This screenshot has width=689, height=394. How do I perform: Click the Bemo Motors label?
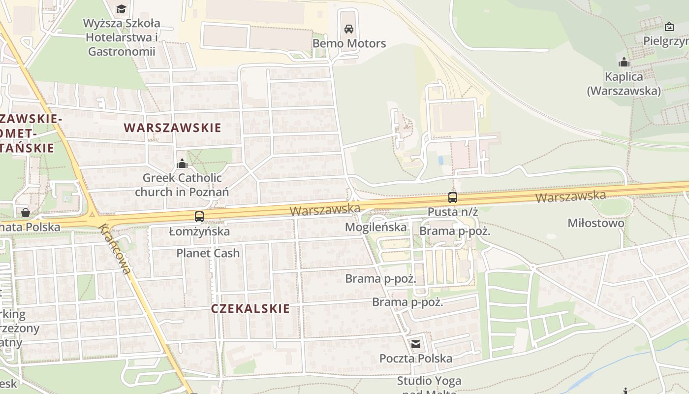[x=349, y=43]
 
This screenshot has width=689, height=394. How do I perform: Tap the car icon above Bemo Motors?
[x=349, y=29]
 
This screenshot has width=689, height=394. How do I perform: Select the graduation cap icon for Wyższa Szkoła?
[x=121, y=9]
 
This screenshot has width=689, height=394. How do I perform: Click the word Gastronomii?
[x=122, y=51]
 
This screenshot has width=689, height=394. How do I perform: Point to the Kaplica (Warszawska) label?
[x=624, y=84]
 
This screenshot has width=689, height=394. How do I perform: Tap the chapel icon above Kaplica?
[x=624, y=63]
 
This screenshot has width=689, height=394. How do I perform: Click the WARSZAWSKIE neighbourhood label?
[x=172, y=128]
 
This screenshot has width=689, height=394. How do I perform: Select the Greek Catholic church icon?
[x=182, y=163]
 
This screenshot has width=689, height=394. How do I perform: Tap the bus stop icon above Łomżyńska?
[x=199, y=216]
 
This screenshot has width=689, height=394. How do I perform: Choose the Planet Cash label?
[x=208, y=253]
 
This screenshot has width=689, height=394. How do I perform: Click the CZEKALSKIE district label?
[x=251, y=309]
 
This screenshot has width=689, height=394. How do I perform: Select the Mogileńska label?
[x=376, y=227]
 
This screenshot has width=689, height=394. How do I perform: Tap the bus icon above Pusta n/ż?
[x=453, y=197]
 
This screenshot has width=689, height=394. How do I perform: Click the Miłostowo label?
[x=596, y=223]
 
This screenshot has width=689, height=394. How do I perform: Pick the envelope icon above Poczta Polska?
[x=416, y=344]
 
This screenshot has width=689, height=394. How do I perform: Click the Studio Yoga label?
[x=429, y=381]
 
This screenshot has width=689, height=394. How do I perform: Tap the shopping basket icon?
[x=25, y=213]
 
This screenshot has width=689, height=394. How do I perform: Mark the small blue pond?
[x=441, y=160]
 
